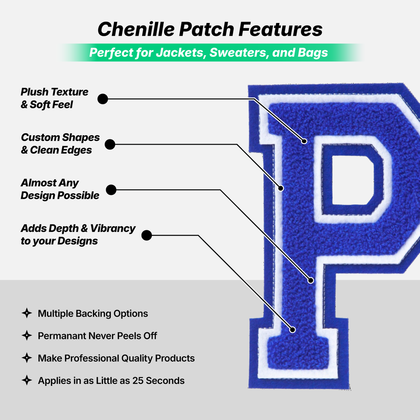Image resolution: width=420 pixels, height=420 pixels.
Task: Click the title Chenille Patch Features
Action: [210, 29]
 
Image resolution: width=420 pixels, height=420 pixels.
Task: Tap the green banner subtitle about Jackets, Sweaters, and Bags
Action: [209, 52]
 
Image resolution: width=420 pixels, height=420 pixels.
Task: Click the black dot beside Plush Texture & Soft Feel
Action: [103, 99]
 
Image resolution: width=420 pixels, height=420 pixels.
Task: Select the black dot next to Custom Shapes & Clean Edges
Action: [110, 144]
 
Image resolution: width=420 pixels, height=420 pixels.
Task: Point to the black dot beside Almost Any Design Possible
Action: [111, 190]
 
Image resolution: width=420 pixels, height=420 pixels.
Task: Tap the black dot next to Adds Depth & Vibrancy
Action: [146, 235]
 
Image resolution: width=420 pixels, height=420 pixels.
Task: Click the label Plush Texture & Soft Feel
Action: [54, 98]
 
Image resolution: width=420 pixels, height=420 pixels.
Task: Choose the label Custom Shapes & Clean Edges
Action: [60, 143]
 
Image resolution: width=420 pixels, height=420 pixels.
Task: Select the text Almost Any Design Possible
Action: [60, 189]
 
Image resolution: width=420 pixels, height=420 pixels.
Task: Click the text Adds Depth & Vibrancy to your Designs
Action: [78, 234]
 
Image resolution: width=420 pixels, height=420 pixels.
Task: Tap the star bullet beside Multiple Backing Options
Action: [26, 313]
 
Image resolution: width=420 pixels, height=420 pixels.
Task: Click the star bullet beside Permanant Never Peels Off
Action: [26, 336]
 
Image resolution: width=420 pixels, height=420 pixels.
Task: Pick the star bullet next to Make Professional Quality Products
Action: [26, 358]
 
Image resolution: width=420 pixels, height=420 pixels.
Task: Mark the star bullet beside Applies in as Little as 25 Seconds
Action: [26, 380]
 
